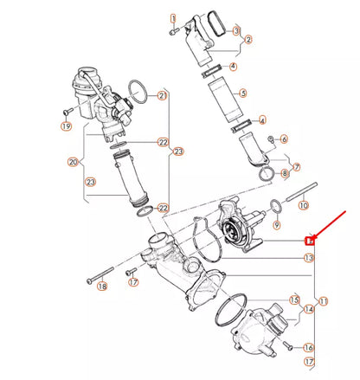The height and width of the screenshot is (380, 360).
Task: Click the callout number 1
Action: coord(173,17)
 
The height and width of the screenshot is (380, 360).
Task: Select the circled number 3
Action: coord(236,30)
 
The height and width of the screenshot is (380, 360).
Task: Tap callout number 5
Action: coord(242,93)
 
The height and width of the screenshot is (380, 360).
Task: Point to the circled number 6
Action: coord(283,138)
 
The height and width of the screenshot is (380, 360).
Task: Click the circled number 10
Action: coord(303,205)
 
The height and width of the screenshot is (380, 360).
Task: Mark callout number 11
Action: coord(323,300)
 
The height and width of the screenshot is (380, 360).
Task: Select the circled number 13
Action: coord(308,258)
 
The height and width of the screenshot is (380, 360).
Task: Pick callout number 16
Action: coord(308,347)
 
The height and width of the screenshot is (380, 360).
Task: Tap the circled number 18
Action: coord(103,287)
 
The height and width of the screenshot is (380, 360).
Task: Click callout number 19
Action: coord(66,126)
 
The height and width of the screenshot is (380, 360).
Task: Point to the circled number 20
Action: coord(73,161)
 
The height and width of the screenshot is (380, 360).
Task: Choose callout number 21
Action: coord(162,97)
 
